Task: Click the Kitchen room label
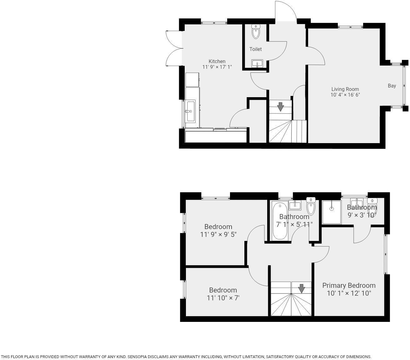click(x=217, y=61)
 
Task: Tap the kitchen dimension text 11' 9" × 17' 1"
click(x=217, y=67)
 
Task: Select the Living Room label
click(x=345, y=89)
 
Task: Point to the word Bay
click(x=392, y=86)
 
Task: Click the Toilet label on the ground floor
click(x=255, y=49)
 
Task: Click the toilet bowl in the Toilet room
click(x=256, y=32)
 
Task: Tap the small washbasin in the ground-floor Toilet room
click(x=257, y=63)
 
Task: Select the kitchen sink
click(x=190, y=111)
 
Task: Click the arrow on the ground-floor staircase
click(x=280, y=107)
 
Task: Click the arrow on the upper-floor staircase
click(x=301, y=288)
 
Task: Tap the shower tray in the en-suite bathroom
click(x=332, y=212)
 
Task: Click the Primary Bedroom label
click(x=349, y=285)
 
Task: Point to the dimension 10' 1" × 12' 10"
click(x=349, y=293)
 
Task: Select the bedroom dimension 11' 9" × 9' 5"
click(x=218, y=234)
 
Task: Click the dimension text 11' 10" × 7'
click(x=223, y=298)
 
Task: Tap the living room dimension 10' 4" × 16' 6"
click(x=345, y=95)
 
